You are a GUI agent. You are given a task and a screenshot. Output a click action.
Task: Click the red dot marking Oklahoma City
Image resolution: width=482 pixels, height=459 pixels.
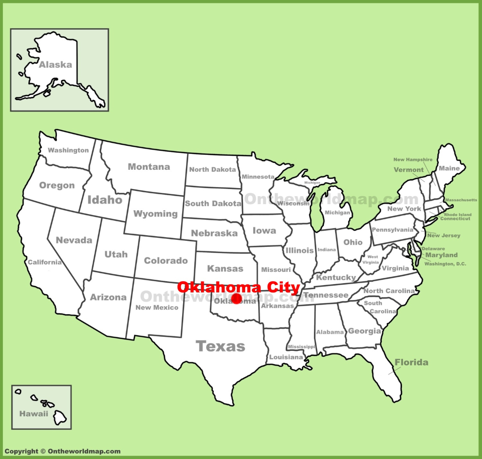pyautogui.click(x=237, y=298)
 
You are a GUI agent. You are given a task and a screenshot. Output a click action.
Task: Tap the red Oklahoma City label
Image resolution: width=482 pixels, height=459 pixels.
pyautogui.click(x=238, y=287)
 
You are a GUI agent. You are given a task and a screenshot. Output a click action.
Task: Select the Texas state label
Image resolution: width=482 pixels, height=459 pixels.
pyautogui.click(x=220, y=347)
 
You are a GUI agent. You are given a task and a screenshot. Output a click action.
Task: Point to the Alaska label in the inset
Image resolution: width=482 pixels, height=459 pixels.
pyautogui.click(x=55, y=65)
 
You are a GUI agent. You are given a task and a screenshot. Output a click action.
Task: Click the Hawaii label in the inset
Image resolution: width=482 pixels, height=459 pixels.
pyautogui.click(x=33, y=414)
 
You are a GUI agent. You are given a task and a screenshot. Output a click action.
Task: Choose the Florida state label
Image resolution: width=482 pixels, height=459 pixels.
pyautogui.click(x=411, y=362)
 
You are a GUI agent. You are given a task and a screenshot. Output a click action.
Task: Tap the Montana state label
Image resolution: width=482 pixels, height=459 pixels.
pyautogui.click(x=149, y=166)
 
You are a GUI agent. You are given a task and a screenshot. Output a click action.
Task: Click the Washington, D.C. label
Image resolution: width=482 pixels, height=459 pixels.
pyautogui.click(x=445, y=264)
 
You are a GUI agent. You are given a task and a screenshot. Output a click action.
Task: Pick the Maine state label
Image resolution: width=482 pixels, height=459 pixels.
pyautogui.click(x=449, y=168)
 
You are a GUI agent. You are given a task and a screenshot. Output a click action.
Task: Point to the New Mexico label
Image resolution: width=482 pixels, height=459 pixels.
pyautogui.click(x=157, y=308)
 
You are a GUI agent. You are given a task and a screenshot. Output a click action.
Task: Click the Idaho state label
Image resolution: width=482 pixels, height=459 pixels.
pyautogui.click(x=104, y=200)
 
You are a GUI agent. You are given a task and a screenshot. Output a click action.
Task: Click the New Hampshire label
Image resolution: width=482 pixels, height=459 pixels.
pyautogui.click(x=413, y=160)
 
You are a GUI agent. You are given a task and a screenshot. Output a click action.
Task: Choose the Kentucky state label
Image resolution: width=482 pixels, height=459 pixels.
pyautogui.click(x=336, y=277)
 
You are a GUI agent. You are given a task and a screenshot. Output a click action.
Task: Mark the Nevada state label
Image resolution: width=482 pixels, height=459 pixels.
pyautogui.click(x=74, y=240)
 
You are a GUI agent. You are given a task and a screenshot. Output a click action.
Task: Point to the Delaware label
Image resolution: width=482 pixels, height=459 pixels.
pyautogui.click(x=433, y=248)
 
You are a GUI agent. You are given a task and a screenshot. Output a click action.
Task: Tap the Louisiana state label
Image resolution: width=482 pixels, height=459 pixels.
pyautogui.click(x=286, y=357)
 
